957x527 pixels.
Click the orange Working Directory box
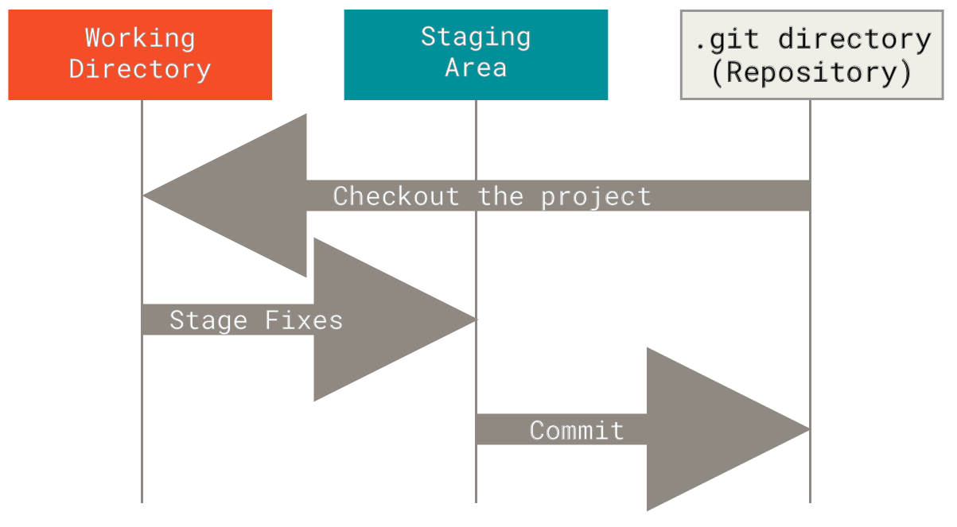coord(140,54)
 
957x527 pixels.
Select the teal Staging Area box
coord(476,54)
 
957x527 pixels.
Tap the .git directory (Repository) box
coord(811,54)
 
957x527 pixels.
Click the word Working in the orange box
coord(140,37)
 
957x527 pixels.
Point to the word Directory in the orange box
coord(140,69)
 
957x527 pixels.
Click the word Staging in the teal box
coord(476,37)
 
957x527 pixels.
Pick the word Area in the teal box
coord(476,68)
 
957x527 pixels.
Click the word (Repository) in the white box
coord(811,72)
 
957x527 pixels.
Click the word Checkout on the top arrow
coord(395,196)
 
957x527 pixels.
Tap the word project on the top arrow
coord(596,196)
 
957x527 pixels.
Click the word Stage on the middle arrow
coord(208,320)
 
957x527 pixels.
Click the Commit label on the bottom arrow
coord(577,431)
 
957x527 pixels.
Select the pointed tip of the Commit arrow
coord(807,429)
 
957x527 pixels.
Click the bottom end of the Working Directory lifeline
coord(142,500)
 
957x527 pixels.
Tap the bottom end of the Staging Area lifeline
coord(476,500)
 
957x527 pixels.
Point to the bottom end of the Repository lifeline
coord(810,500)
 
